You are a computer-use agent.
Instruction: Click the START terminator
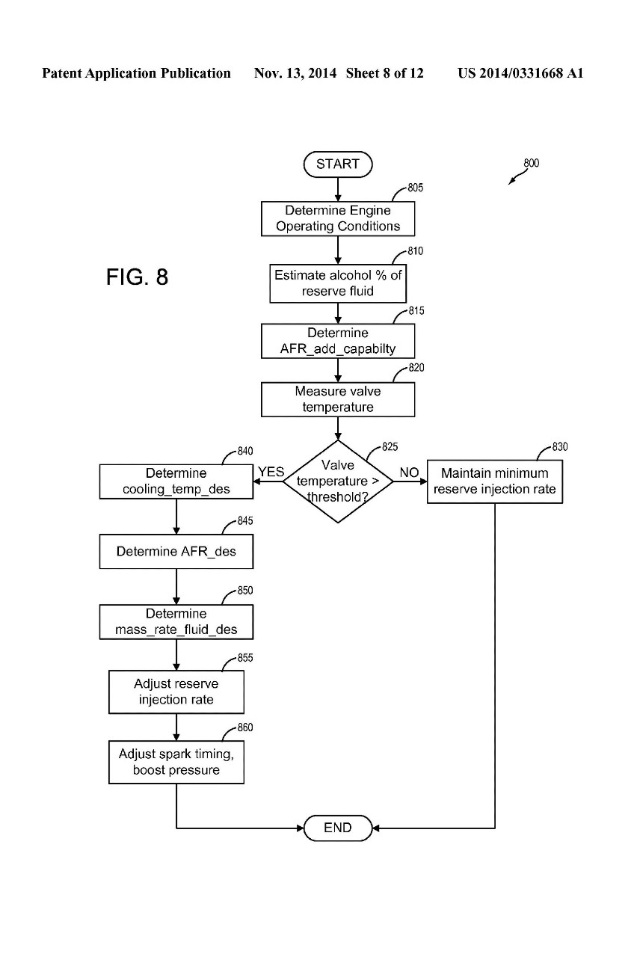point(337,164)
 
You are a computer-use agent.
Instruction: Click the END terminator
point(338,828)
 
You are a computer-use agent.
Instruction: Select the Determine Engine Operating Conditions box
point(338,218)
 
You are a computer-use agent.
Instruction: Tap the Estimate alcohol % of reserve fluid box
point(338,283)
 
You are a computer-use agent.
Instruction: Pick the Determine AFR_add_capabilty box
point(338,341)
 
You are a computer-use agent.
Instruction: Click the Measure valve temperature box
point(338,399)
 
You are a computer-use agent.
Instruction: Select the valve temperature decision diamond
point(338,481)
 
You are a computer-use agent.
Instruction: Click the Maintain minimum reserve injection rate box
point(494,481)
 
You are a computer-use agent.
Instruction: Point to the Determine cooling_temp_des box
point(176,481)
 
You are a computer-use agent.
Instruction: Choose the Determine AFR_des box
point(176,552)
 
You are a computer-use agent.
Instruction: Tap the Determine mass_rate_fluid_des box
point(176,621)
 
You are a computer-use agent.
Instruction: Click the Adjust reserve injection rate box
point(176,692)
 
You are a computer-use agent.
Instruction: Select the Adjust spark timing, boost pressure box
point(176,762)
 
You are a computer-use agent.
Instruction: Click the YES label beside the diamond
point(271,472)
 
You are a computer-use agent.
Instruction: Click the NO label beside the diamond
point(409,473)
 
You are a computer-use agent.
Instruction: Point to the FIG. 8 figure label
point(138,277)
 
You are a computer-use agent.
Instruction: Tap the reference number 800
point(531,164)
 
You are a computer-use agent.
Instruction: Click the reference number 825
point(390,447)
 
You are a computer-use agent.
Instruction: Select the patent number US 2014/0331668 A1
point(520,73)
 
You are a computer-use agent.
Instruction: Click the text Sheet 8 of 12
point(385,73)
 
